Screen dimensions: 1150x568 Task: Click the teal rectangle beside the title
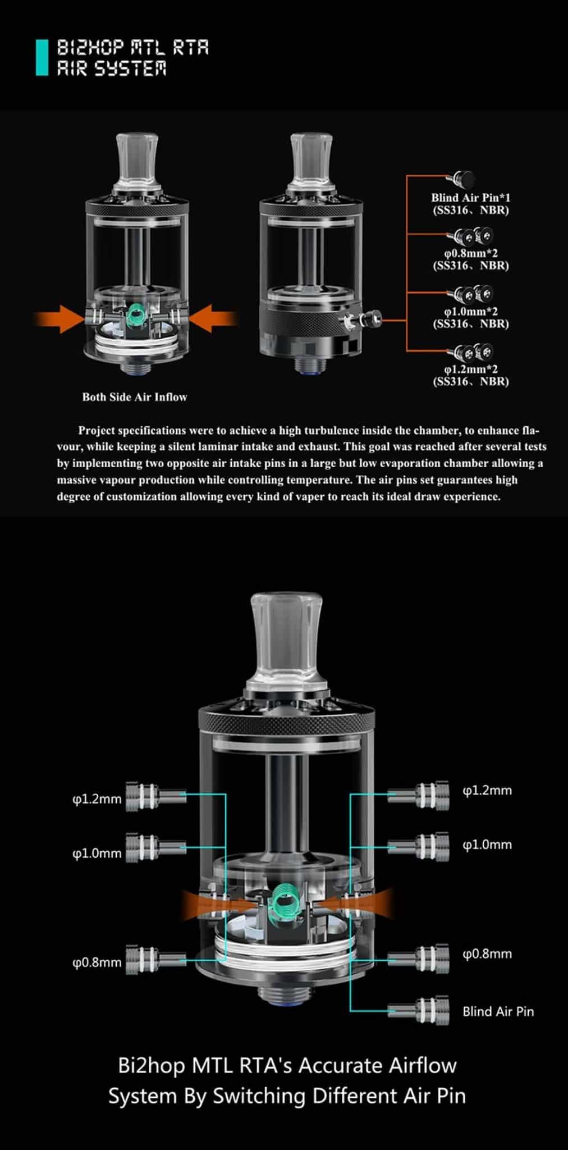coord(42,57)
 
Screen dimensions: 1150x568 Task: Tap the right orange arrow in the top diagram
coord(214,319)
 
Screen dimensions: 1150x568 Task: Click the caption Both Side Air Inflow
coord(135,397)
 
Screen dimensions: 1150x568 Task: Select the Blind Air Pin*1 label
coord(470,198)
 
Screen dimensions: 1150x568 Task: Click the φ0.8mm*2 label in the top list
coord(470,253)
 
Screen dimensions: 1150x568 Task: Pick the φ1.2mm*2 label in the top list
coord(470,369)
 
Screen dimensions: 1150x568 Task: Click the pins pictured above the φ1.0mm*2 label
coord(473,293)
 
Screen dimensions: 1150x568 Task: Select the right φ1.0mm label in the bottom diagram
coord(487,845)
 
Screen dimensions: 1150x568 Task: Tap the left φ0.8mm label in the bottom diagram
coord(97,962)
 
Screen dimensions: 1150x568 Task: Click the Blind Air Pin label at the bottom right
coord(498,1012)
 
